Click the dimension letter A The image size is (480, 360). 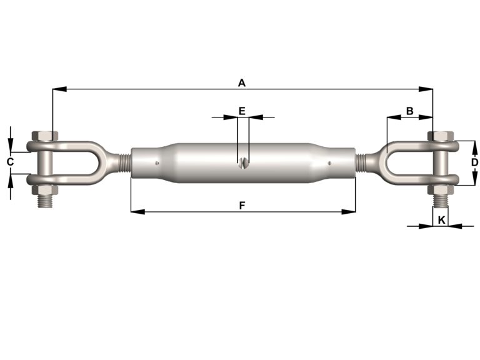pyautogui.click(x=242, y=82)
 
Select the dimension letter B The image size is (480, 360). pyautogui.click(x=409, y=111)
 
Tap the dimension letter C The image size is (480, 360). pyautogui.click(x=10, y=162)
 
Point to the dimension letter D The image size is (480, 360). pyautogui.click(x=474, y=162)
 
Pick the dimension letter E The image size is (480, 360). pyautogui.click(x=242, y=111)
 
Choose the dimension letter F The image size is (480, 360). pyautogui.click(x=242, y=204)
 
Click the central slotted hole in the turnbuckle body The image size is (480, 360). pyautogui.click(x=242, y=164)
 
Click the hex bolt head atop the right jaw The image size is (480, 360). pyautogui.click(x=442, y=136)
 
